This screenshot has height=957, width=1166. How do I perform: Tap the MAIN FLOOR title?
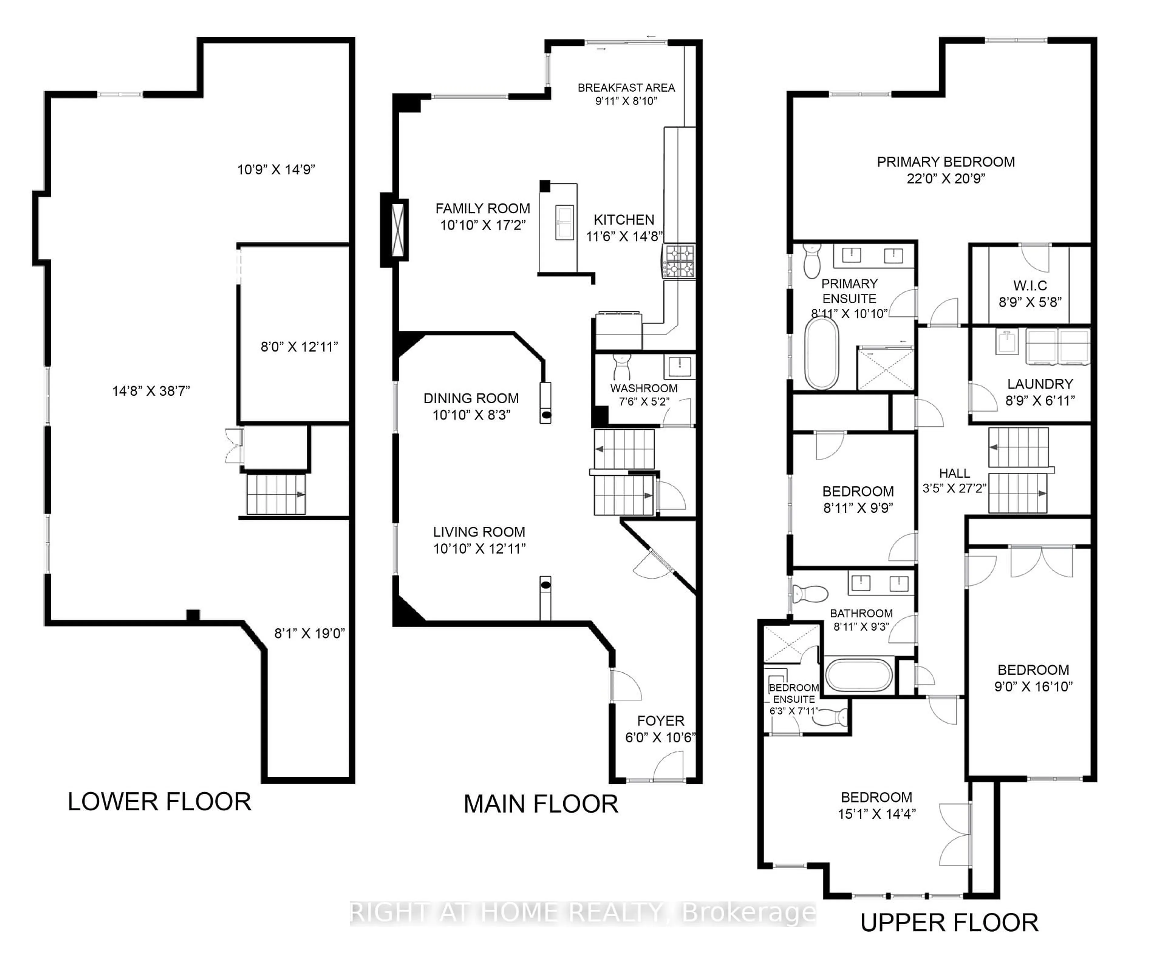point(540,804)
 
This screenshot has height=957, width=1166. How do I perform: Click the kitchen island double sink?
point(564,222)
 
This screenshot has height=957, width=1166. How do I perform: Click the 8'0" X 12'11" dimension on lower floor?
point(299,347)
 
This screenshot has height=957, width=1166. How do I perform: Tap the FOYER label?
point(660,721)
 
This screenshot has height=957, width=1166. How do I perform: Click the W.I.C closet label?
point(1030,286)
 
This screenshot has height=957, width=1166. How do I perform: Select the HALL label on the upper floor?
point(954,473)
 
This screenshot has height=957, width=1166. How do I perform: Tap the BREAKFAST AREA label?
point(626,88)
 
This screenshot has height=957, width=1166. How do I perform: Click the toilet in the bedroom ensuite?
point(833,717)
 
